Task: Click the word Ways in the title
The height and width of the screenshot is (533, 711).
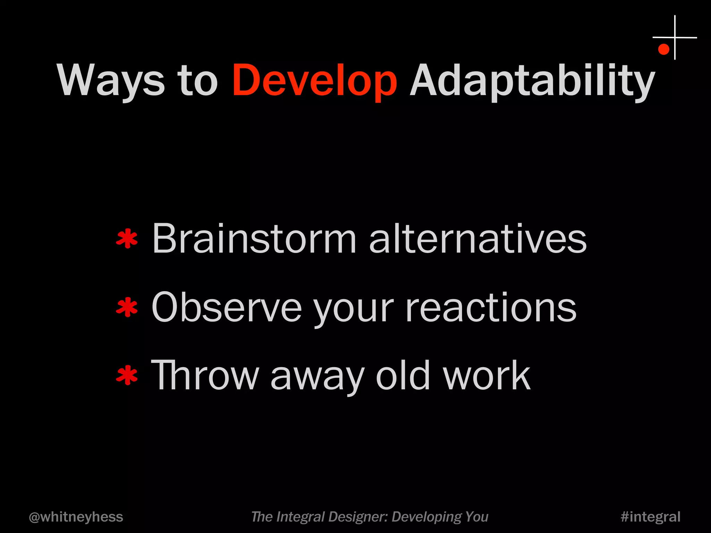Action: [x=110, y=81]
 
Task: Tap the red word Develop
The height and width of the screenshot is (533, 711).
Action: [x=314, y=81]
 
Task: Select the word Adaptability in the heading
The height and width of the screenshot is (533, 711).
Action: [x=532, y=81]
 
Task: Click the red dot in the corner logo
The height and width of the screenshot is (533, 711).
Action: [x=663, y=49]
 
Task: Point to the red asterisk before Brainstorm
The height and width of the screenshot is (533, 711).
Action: [x=127, y=239]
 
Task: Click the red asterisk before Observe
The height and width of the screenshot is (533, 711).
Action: [x=127, y=307]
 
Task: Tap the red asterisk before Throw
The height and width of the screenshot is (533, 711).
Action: [x=127, y=375]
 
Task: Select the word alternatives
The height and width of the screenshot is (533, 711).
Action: [x=478, y=239]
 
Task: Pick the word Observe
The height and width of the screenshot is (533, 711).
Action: [x=226, y=307]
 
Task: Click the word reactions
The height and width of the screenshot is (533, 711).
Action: [x=491, y=307]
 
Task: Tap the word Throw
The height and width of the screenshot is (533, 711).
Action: [x=205, y=375]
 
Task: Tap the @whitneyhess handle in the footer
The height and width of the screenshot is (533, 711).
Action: [x=76, y=517]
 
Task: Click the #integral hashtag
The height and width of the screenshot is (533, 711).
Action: [x=650, y=517]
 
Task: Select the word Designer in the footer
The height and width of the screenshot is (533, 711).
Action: [x=357, y=517]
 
